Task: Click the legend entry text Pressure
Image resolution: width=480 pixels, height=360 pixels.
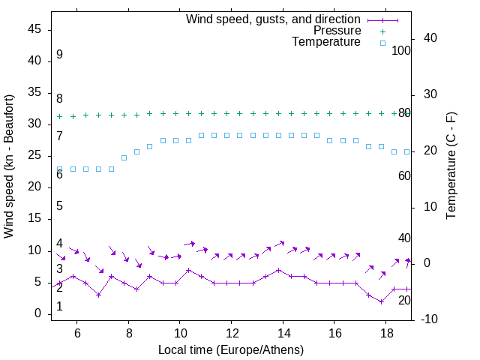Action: pos(337,31)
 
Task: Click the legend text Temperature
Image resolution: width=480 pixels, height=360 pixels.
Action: pos(326,43)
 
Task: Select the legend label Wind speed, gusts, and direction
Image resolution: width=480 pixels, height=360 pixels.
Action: pos(274,19)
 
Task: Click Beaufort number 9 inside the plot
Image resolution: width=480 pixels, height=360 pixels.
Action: pos(59,55)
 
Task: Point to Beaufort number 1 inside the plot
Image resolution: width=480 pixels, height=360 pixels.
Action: pos(59,307)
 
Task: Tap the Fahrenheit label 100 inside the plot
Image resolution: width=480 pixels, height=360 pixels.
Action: pos(402,50)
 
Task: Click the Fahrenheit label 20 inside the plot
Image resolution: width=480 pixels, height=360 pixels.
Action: pos(404,300)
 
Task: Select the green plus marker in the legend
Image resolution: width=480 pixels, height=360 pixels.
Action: pos(382,31)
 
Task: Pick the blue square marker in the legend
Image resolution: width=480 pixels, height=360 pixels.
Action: pos(382,43)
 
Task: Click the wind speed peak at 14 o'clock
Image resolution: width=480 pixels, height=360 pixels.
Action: pos(278,270)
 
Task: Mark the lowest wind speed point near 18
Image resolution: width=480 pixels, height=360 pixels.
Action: pos(381,301)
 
